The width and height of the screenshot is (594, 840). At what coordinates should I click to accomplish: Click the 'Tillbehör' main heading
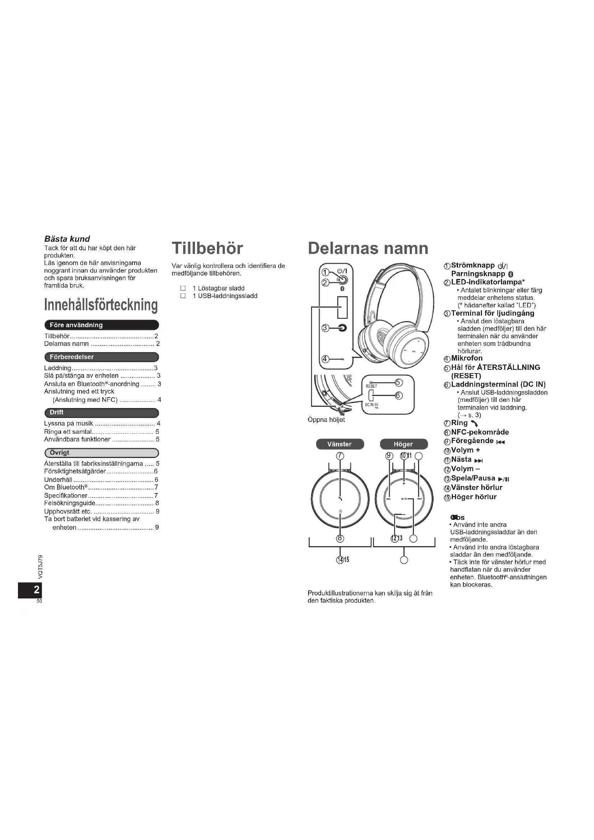click(x=207, y=249)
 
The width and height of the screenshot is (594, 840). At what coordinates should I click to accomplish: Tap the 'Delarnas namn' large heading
click(x=368, y=249)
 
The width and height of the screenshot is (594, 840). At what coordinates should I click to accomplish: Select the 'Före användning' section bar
click(x=101, y=325)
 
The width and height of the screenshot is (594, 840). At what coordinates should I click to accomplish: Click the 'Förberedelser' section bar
click(x=101, y=357)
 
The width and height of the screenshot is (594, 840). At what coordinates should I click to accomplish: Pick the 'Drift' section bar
click(x=101, y=412)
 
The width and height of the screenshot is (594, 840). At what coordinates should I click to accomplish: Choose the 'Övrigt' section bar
click(x=101, y=453)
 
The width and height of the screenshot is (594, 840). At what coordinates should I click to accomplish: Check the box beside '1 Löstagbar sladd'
click(x=183, y=288)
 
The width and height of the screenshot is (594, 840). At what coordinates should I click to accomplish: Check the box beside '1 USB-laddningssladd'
click(x=183, y=296)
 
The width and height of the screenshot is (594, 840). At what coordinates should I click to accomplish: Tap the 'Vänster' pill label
click(x=339, y=444)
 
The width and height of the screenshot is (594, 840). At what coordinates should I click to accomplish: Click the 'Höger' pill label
click(x=403, y=444)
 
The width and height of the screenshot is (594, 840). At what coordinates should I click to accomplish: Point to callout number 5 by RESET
click(x=399, y=383)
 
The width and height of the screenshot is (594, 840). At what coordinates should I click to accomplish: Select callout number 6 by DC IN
click(x=399, y=395)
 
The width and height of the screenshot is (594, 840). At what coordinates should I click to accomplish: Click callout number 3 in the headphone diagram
click(x=324, y=328)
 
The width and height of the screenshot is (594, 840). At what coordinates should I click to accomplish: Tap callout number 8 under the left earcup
click(x=340, y=538)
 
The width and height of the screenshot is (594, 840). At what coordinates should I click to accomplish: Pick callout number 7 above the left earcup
click(x=340, y=456)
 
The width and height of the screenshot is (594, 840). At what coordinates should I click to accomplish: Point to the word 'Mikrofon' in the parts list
click(x=467, y=358)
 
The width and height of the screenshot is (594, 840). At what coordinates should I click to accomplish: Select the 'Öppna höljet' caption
click(x=326, y=420)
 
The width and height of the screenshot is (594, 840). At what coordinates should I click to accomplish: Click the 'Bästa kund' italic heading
click(x=67, y=239)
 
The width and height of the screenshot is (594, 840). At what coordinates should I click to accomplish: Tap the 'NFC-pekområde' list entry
click(x=480, y=432)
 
